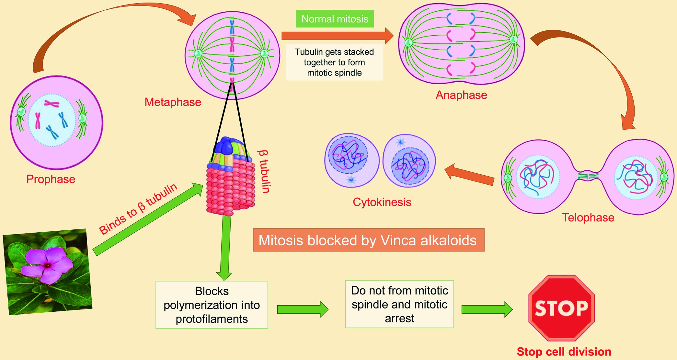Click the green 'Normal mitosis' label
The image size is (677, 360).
click(x=335, y=19)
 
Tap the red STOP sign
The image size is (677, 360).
click(x=561, y=308)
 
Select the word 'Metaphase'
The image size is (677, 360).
click(x=173, y=102)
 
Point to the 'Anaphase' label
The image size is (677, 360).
click(x=461, y=95)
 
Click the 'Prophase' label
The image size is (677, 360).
click(x=51, y=179)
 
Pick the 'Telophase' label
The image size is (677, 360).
click(x=588, y=217)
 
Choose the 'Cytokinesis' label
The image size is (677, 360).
click(x=382, y=202)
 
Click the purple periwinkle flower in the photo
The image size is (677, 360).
click(x=47, y=265)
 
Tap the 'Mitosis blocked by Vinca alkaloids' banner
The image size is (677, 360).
click(x=369, y=240)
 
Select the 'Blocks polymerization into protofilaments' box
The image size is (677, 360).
click(x=212, y=305)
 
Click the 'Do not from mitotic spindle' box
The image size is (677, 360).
click(x=399, y=304)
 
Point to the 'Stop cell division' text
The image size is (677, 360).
click(x=564, y=352)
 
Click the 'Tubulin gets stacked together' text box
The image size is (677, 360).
click(x=334, y=62)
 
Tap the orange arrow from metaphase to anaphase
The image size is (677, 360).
click(x=338, y=36)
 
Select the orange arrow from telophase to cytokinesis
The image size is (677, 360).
click(x=469, y=174)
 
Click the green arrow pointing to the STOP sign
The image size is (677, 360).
click(x=487, y=309)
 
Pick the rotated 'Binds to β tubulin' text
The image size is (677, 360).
click(x=138, y=209)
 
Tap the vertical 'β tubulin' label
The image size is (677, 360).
click(x=264, y=171)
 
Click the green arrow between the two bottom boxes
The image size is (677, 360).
click(x=303, y=309)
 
